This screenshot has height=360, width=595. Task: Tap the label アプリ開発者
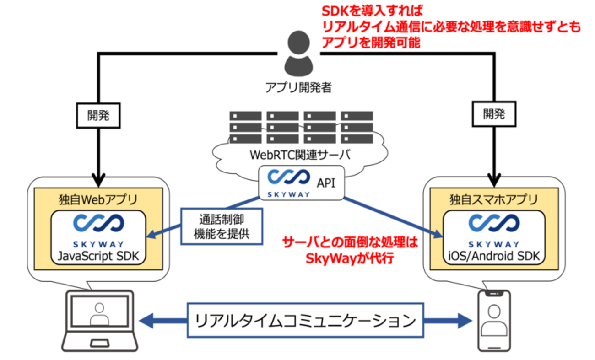(x=298, y=87)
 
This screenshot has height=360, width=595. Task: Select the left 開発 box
(x=98, y=115)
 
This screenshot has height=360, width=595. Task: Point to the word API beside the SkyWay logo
(x=326, y=183)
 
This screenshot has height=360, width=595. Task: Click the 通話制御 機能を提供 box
(x=222, y=225)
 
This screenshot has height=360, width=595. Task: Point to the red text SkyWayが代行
(x=349, y=258)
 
